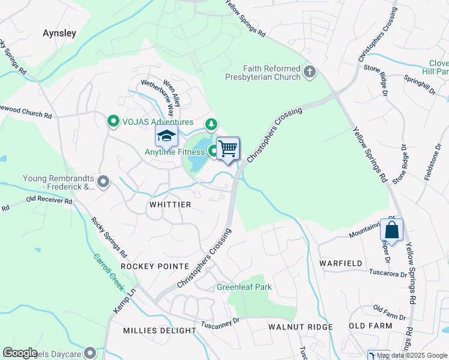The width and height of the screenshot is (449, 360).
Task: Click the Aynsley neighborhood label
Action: pos(59,34)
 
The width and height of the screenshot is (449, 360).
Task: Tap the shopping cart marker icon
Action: pos(228,147)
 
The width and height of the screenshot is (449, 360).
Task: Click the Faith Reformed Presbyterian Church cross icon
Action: pos(310,73)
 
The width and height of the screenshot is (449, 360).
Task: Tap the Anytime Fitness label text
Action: pos(174,152)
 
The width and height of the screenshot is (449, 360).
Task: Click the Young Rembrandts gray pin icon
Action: pos(104,181)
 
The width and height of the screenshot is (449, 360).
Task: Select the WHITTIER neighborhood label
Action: pos(170,205)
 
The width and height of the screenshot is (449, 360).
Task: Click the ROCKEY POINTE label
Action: pos(150,265)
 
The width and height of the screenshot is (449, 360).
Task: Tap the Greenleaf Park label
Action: pos(244,287)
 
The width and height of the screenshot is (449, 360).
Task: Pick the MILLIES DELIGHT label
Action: pos(159,331)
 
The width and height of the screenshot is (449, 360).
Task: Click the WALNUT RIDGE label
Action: pos(301,327)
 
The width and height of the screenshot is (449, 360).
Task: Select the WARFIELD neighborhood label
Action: pos(340,263)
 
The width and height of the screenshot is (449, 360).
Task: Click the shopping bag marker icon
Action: pos(391,230)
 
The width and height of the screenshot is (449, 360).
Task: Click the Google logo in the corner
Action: pos(20,353)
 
